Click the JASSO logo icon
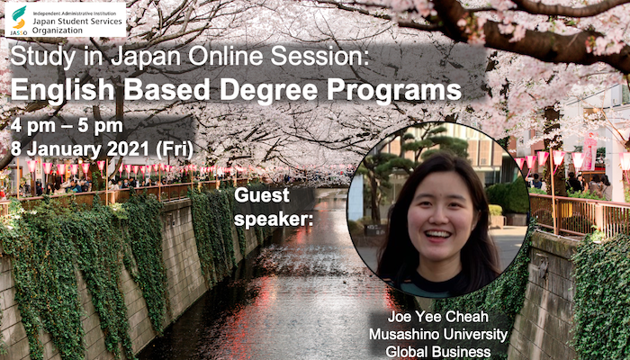19,18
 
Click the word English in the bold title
63,90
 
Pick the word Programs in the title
394,91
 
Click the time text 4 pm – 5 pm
67,127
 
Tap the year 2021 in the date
129,149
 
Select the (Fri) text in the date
175,149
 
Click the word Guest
262,195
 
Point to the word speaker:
274,220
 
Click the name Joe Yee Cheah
437,317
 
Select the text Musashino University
438,334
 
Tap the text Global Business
438,352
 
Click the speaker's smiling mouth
437,234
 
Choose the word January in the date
63,149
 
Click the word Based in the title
166,90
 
